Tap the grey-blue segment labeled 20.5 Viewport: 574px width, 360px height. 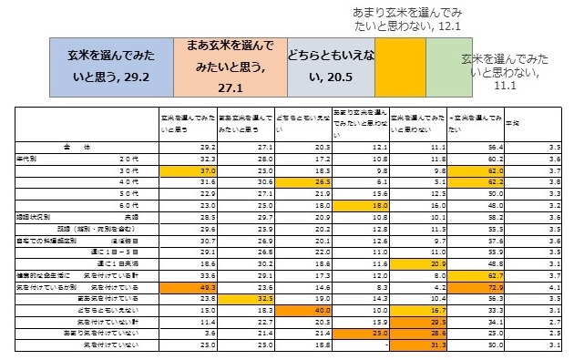tap(331, 68)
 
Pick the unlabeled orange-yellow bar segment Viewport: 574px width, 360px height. tap(401, 68)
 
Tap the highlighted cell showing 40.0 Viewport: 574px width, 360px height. tap(302, 310)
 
